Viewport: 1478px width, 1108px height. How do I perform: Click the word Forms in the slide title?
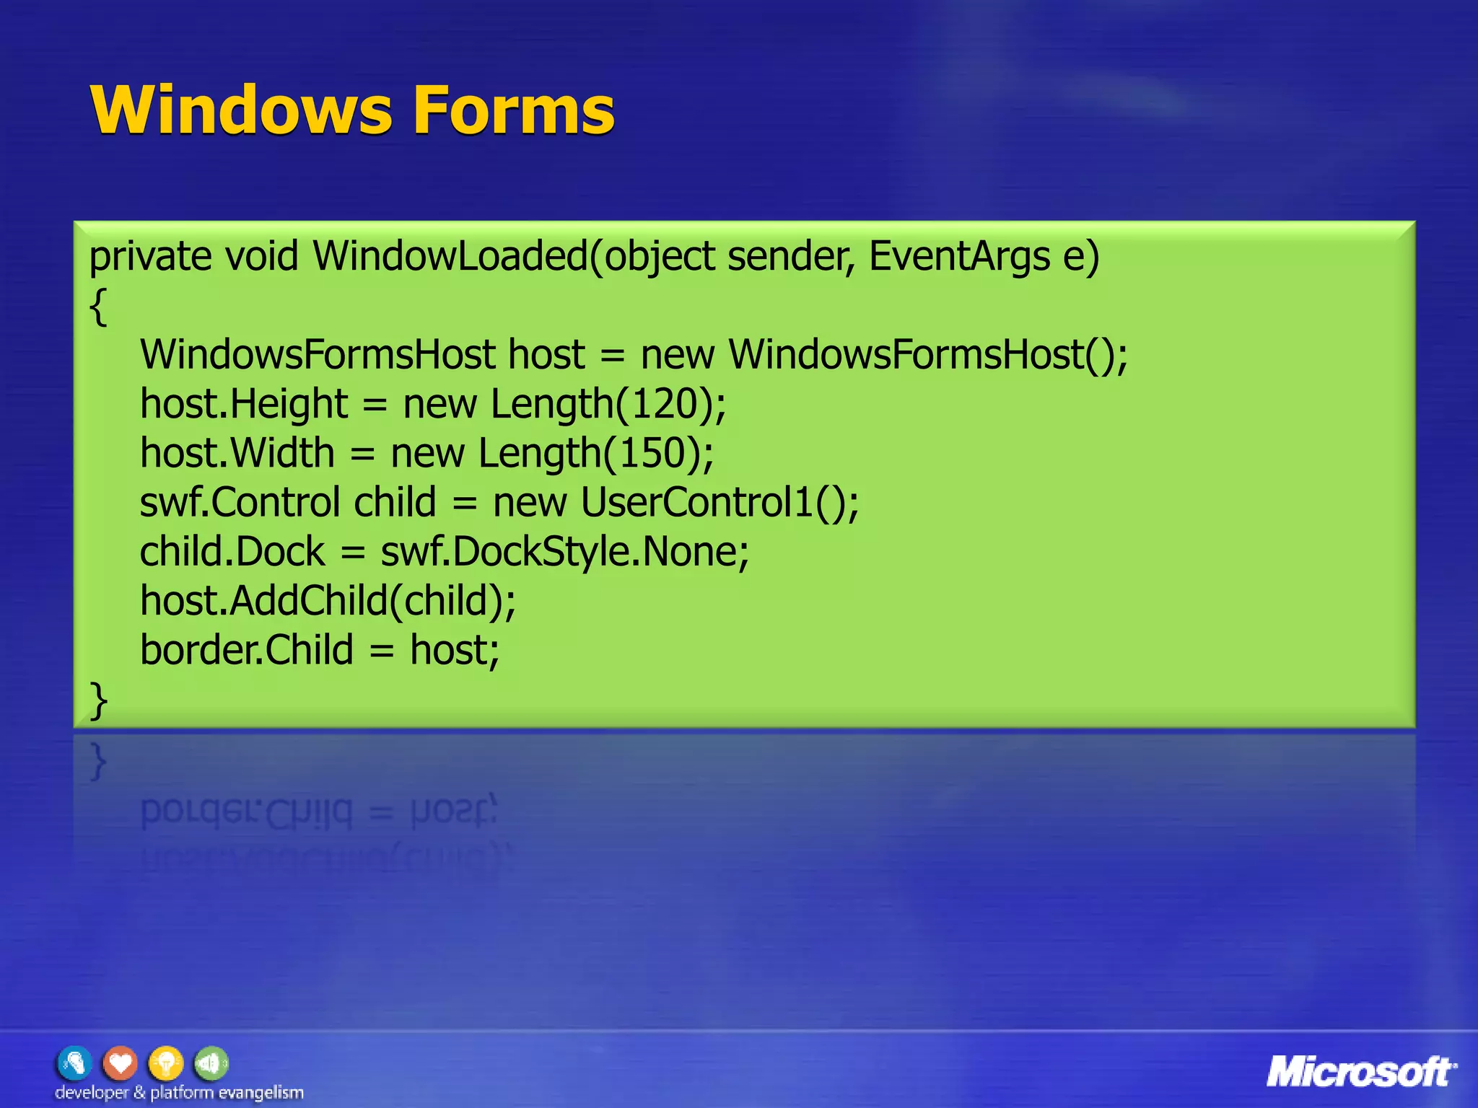pyautogui.click(x=513, y=110)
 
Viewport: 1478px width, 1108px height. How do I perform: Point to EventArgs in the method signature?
pyautogui.click(x=959, y=257)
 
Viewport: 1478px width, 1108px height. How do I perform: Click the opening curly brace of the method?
pyautogui.click(x=98, y=307)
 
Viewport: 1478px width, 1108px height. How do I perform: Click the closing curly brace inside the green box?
pyautogui.click(x=98, y=700)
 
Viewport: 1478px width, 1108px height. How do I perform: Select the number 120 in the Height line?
pyautogui.click(x=664, y=404)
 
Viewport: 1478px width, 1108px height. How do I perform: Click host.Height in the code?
pyautogui.click(x=244, y=404)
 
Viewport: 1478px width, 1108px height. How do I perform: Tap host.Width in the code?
pyautogui.click(x=237, y=453)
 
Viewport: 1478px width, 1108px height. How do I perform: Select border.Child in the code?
pyautogui.click(x=246, y=650)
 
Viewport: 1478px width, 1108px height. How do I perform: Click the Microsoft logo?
pyautogui.click(x=1361, y=1072)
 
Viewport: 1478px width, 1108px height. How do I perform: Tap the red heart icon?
pyautogui.click(x=121, y=1063)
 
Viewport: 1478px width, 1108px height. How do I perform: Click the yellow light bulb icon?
pyautogui.click(x=166, y=1063)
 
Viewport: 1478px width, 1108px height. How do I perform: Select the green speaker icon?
pyautogui.click(x=211, y=1063)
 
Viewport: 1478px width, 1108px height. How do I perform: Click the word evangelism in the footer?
pyautogui.click(x=261, y=1093)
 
